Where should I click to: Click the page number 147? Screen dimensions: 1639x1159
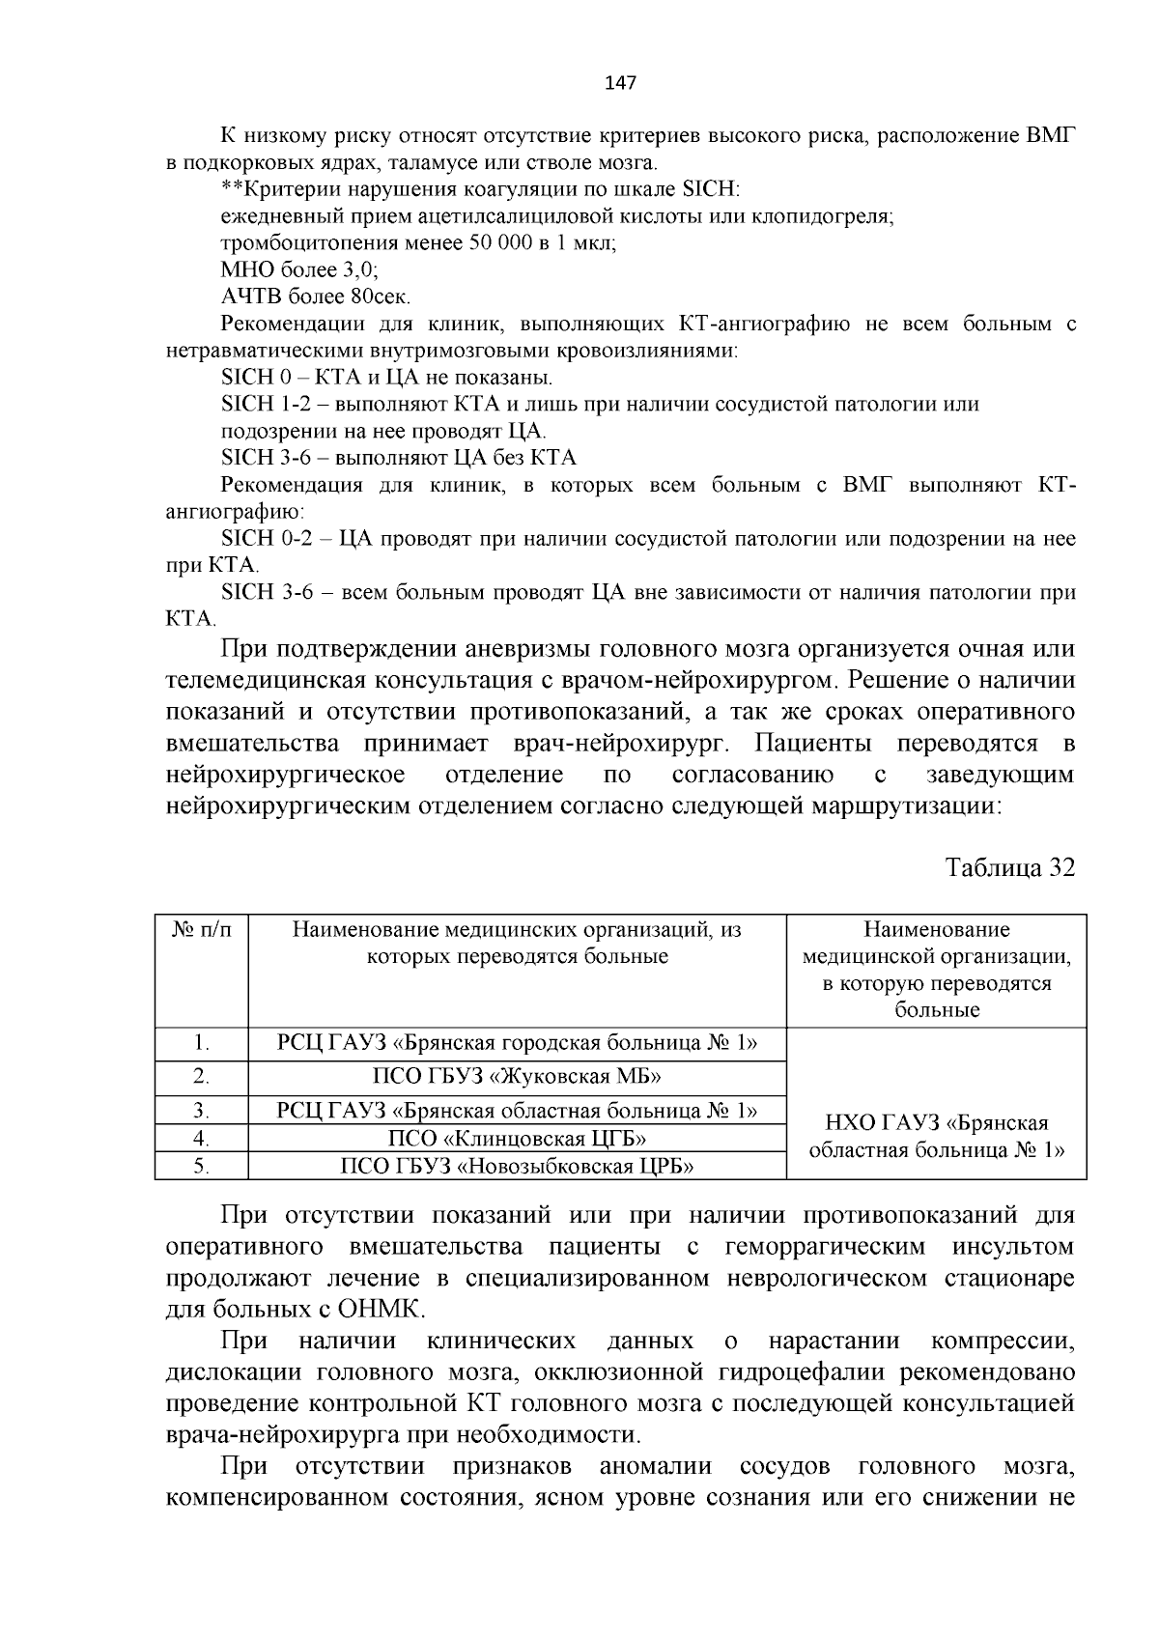(619, 83)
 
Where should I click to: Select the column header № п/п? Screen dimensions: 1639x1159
(202, 930)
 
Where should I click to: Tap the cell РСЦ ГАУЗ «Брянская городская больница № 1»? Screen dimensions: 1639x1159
(517, 1043)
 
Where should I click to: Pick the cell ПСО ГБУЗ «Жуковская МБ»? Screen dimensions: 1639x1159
(517, 1077)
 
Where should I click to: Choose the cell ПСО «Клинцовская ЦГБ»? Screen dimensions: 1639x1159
(517, 1138)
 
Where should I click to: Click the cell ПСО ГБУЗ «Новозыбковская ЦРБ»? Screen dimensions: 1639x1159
(517, 1166)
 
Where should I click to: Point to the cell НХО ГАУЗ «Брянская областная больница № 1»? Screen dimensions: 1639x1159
(936, 1137)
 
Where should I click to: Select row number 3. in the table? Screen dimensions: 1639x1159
(202, 1110)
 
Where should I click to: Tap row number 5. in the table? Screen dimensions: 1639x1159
(202, 1166)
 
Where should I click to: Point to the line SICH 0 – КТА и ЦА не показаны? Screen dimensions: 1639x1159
(386, 377)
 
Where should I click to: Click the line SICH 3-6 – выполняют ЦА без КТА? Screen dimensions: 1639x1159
(398, 457)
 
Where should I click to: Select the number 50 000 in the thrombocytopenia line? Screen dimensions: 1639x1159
(500, 242)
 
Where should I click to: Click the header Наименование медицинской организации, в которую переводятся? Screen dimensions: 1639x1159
(936, 970)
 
